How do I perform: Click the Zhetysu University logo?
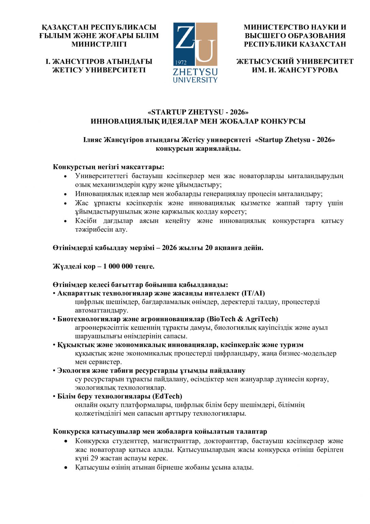point(195,52)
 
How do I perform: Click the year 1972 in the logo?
point(181,62)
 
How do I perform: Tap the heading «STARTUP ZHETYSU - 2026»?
point(198,112)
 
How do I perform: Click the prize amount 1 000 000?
point(118,266)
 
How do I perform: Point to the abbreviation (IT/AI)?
point(253,293)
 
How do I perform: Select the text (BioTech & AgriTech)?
point(242,319)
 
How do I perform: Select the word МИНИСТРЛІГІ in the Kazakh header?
point(99,44)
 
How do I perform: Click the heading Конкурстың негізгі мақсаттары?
point(108,167)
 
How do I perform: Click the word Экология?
point(72,370)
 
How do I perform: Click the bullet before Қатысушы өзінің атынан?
point(66,467)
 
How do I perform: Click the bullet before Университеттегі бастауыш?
point(66,176)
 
